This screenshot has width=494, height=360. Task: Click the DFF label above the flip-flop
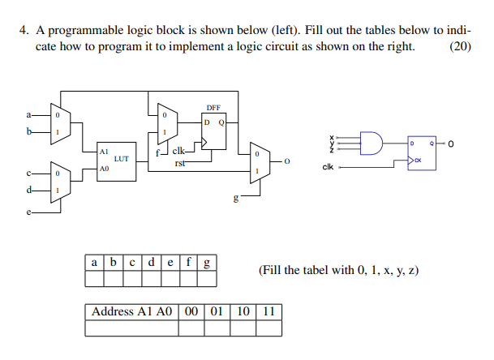213,108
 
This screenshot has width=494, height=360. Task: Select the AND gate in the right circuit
370,143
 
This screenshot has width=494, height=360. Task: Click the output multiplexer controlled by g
257,161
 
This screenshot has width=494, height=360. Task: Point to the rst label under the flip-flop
180,163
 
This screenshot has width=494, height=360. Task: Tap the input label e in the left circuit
29,214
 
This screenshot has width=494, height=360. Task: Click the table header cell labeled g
208,263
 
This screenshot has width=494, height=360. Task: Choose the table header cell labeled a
95,263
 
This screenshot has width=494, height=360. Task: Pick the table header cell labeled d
152,263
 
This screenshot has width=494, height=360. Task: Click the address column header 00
191,311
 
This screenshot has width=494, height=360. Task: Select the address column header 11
268,311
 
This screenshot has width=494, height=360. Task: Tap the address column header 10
243,311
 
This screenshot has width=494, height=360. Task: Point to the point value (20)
459,45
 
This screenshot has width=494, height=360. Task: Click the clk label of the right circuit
328,168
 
